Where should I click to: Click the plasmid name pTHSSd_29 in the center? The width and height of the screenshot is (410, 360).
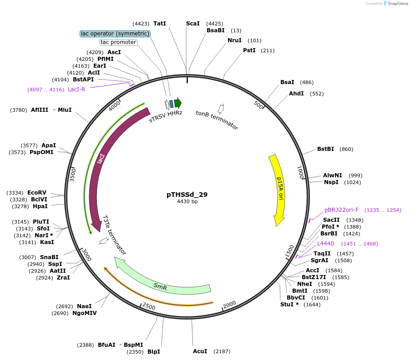pos(187,195)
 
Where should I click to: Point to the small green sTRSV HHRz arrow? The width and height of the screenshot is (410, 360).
pos(178,103)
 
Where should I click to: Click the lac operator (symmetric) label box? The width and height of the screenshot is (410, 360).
pos(115,34)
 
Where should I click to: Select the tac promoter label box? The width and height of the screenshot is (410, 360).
pos(118,42)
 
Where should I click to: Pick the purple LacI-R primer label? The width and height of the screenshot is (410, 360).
pos(76,89)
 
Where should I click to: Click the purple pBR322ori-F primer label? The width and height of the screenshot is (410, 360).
pos(341,210)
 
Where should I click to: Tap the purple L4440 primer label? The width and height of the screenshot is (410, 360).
pos(325,244)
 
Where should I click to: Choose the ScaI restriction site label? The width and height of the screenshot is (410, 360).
pos(193,24)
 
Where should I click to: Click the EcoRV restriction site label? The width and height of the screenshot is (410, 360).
pos(37,193)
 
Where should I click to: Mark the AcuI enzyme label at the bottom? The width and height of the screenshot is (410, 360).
pos(200,351)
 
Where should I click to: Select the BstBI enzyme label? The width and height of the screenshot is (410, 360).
pos(325,149)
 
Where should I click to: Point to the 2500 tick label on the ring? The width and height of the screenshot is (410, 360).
pos(149,307)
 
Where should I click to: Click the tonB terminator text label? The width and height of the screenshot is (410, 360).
pos(217,120)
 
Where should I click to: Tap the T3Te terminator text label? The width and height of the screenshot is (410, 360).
pos(114,235)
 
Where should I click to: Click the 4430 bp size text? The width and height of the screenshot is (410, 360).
pos(187,201)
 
